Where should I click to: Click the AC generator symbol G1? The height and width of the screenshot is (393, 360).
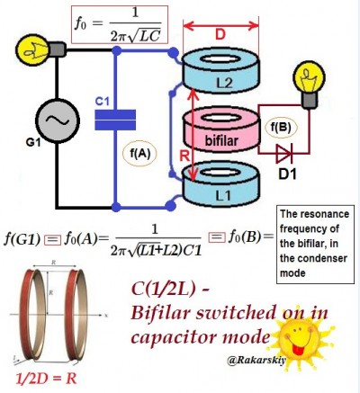click(58, 121)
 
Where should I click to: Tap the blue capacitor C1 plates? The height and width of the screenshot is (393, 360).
click(115, 120)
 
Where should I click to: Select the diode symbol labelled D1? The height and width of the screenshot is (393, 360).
click(283, 154)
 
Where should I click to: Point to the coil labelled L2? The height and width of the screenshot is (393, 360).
click(220, 71)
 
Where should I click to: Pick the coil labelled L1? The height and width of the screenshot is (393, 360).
click(221, 185)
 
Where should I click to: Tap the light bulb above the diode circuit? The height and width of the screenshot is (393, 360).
click(309, 85)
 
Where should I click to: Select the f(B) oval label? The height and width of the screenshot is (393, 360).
click(281, 128)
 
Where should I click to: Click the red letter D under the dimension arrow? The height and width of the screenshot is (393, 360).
click(220, 35)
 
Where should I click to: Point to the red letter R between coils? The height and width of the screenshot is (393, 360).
click(185, 156)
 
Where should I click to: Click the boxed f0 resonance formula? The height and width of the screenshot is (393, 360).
click(120, 24)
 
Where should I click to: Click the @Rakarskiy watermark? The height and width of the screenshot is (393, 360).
click(256, 360)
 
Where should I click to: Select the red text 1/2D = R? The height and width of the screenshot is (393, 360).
click(46, 379)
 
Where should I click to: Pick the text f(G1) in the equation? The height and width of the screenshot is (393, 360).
click(22, 239)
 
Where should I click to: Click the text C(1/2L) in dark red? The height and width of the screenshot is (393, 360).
click(163, 290)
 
